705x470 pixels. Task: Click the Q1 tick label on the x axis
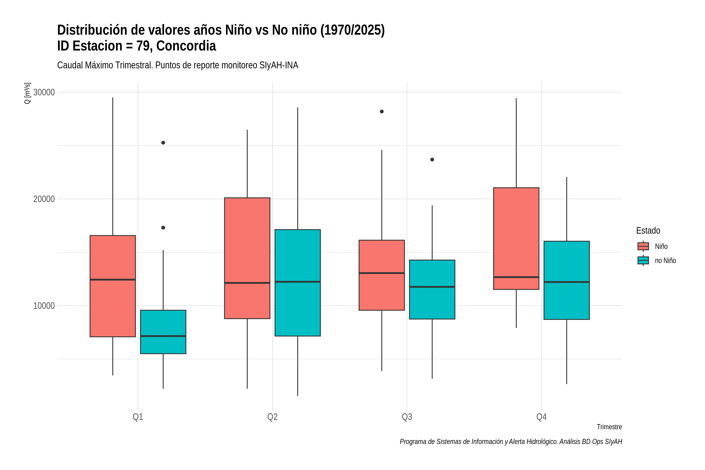click(138, 417)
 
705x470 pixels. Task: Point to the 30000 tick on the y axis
click(44, 92)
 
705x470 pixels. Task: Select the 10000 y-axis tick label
click(44, 306)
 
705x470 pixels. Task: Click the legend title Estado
click(648, 230)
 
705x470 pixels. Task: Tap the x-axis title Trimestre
click(609, 427)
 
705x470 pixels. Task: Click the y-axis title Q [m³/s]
click(27, 93)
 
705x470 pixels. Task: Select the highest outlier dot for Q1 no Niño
click(163, 143)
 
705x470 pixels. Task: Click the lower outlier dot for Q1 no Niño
click(163, 228)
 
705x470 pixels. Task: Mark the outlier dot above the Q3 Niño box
click(381, 111)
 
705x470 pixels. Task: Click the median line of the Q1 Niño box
click(113, 280)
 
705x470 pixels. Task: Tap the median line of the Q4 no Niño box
click(567, 282)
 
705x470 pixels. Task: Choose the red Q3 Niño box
click(381, 275)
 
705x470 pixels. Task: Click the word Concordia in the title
click(186, 46)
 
